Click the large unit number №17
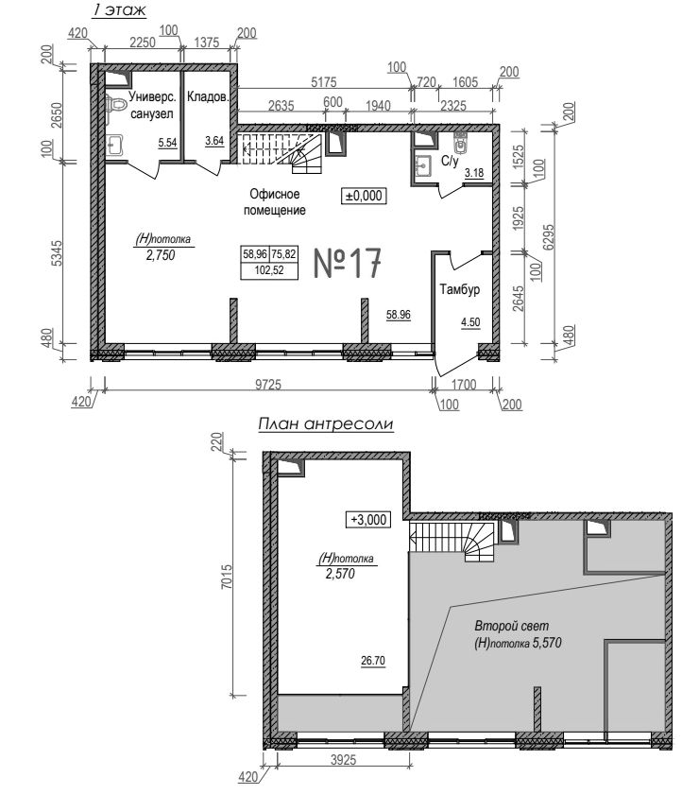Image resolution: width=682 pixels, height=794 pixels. coord(347,263)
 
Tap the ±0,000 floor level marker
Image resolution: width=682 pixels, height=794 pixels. coord(365,196)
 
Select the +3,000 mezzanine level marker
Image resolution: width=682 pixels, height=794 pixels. coord(368,520)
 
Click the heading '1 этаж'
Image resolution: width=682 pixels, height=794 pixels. coord(119,10)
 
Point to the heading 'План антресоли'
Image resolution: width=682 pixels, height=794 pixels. coord(325,423)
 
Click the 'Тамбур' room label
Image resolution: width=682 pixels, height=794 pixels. coord(459,289)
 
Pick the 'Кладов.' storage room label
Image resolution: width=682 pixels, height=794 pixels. coord(208,96)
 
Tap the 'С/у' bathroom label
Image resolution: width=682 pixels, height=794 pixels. coord(450,161)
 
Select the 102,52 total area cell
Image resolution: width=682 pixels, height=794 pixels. coord(269,270)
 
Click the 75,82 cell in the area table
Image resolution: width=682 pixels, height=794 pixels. coord(283,253)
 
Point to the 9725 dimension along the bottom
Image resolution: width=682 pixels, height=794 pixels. coord(267,385)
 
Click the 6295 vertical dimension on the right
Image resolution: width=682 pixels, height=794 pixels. coord(549,237)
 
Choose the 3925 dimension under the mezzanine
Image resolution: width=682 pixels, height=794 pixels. coord(344,760)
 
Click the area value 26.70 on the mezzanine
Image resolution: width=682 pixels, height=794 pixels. coord(373,661)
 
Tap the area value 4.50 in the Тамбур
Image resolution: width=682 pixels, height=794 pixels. coord(470,322)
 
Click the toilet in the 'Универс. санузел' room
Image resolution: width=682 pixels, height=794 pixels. coord(116,105)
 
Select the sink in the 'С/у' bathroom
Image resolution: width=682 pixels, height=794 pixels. coord(422,164)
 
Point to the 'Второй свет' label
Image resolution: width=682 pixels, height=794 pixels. coord(512,626)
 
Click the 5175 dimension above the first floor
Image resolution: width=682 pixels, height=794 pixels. coord(323,81)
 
